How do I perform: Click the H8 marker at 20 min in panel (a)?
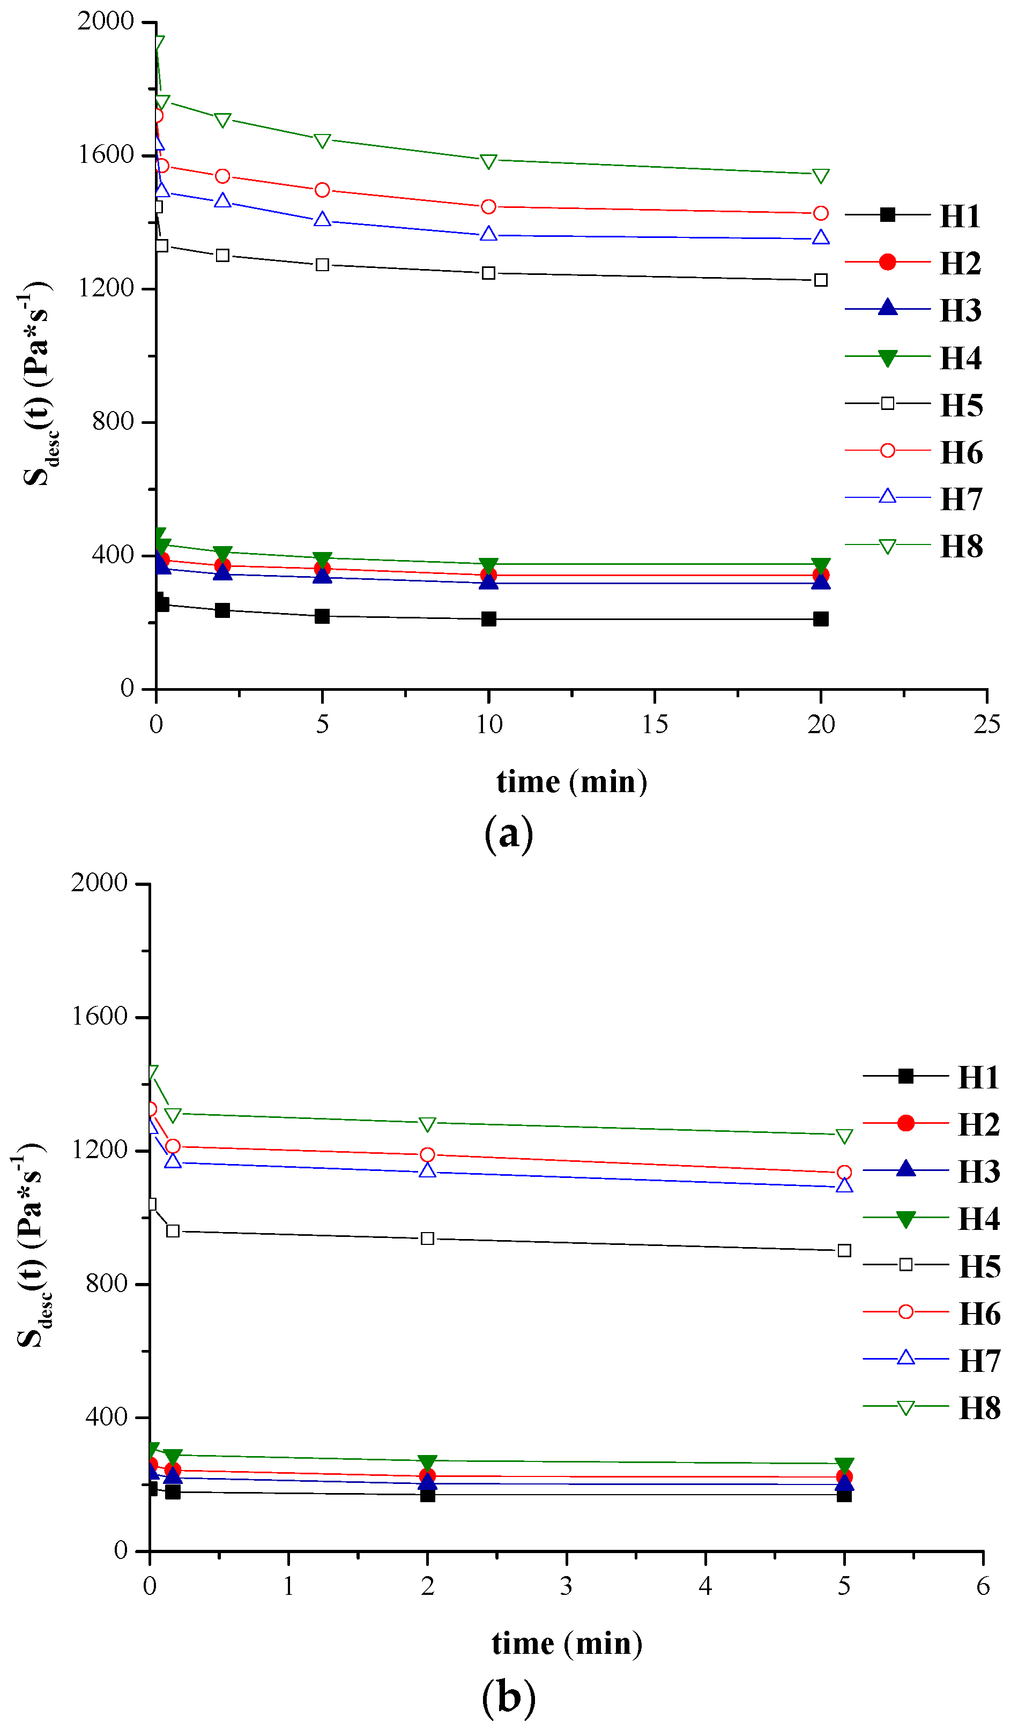[820, 176]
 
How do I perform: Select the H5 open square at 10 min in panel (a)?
[488, 273]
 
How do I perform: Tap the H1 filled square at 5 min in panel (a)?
[322, 616]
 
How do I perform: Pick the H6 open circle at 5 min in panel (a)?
[322, 190]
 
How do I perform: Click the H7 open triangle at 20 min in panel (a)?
[820, 237]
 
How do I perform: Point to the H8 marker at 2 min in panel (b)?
[427, 1124]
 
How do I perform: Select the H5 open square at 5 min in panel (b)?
[844, 1251]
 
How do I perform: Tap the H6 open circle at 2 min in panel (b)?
[427, 1155]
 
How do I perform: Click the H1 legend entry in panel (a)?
[913, 215]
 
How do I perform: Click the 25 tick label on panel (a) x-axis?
[986, 725]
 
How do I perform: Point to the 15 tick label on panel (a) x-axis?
[655, 725]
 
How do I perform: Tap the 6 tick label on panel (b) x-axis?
[983, 1586]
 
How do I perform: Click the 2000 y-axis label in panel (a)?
[105, 21]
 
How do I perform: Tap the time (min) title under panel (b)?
[567, 1644]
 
